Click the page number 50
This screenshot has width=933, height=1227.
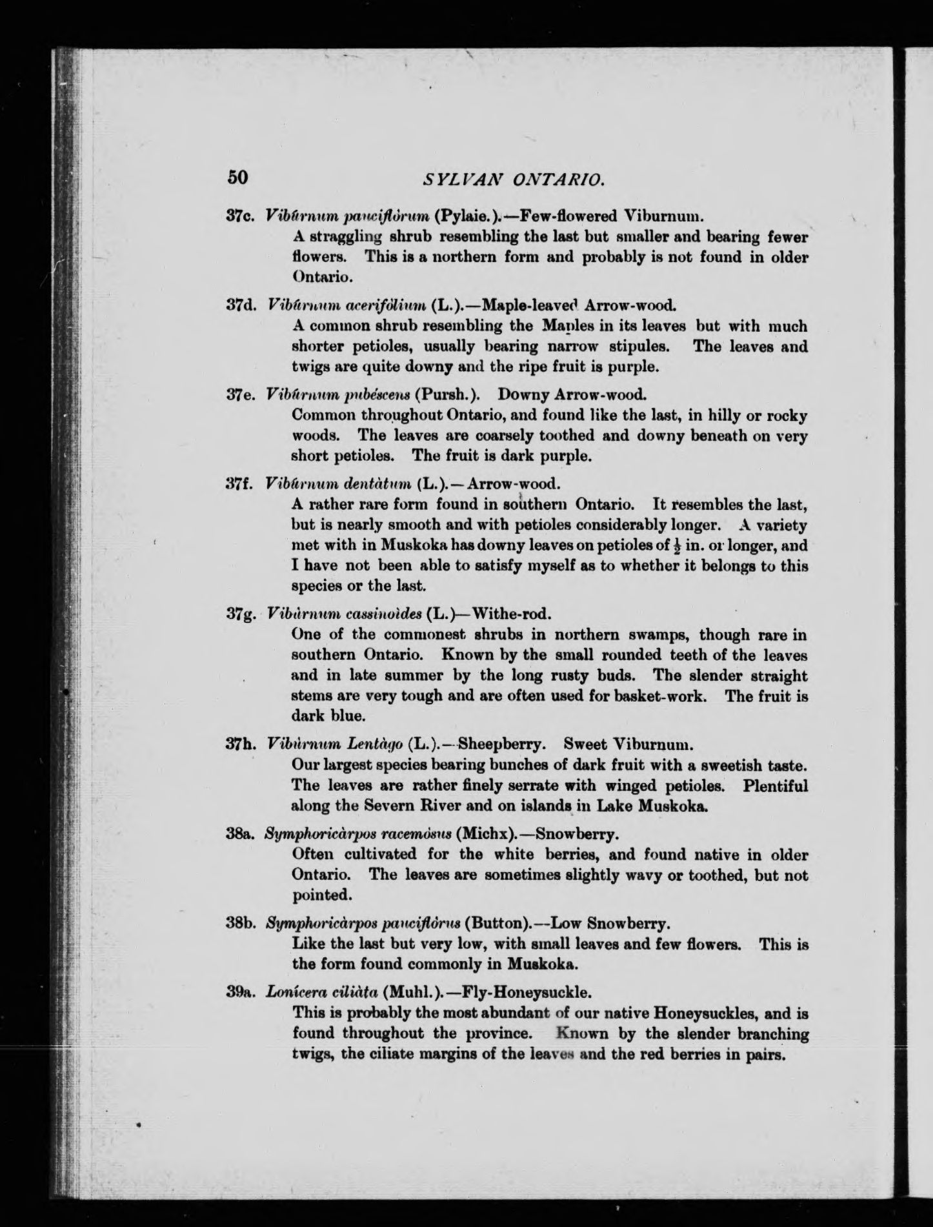pos(237,177)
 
